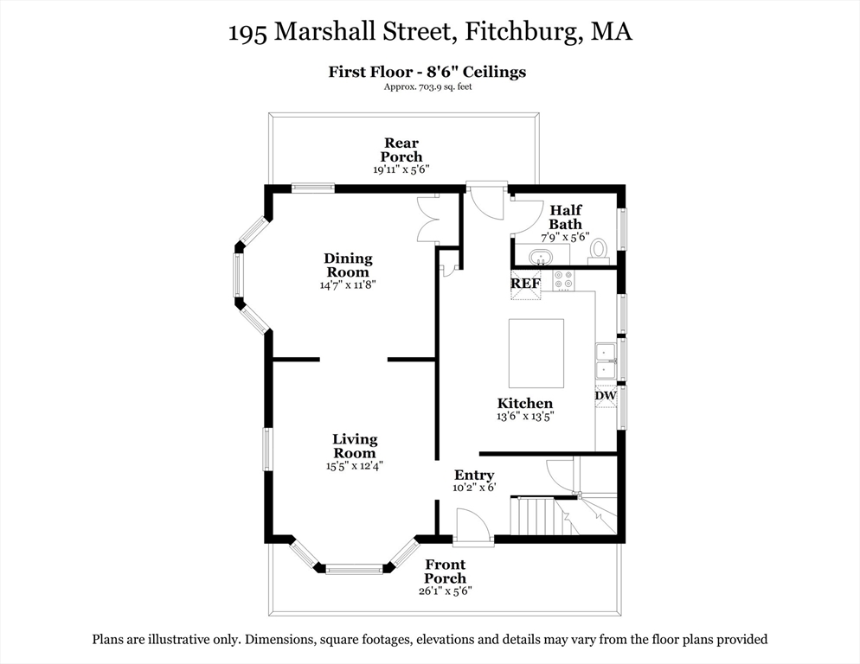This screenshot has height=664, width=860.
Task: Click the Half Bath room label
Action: tap(565, 217)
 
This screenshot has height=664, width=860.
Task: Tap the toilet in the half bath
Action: tap(598, 250)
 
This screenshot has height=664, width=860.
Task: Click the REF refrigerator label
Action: tap(525, 283)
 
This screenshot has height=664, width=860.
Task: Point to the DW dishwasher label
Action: tap(605, 396)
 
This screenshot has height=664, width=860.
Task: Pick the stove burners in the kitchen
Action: tap(562, 279)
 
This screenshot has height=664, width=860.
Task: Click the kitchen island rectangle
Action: tap(536, 353)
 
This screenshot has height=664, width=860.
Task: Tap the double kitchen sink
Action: tap(605, 361)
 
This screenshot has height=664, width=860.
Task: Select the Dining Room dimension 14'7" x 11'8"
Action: tap(348, 284)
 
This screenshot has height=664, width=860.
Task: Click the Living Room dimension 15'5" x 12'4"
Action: tap(354, 465)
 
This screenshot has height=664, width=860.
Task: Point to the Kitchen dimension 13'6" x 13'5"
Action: tap(524, 416)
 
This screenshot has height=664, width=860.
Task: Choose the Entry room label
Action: tap(474, 475)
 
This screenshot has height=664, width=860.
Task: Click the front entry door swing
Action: tap(472, 526)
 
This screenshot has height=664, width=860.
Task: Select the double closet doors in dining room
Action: tap(428, 220)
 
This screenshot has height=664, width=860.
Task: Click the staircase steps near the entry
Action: tap(536, 516)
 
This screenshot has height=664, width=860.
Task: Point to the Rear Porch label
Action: tap(401, 150)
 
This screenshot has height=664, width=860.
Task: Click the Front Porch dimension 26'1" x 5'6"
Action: tap(445, 591)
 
